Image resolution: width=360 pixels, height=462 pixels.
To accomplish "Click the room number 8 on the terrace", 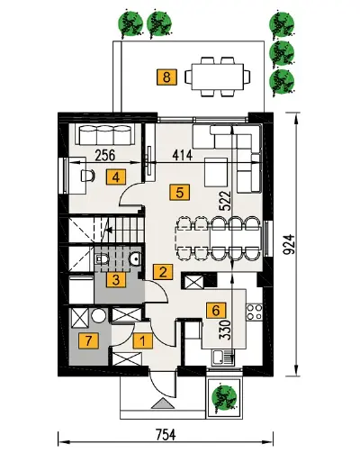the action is (166, 77).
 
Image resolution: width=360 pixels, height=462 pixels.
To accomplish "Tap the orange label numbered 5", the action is (179, 192).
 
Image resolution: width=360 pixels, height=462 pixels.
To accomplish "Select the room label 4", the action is (116, 177).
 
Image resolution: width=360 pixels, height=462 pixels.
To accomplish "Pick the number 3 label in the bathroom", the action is (116, 280).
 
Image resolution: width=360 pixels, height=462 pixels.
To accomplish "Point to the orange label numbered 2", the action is (163, 272).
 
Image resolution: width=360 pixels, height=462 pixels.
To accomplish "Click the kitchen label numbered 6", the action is (216, 311).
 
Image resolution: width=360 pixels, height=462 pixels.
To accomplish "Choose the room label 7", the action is (88, 340).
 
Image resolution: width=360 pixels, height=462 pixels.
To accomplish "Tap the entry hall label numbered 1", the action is (143, 340).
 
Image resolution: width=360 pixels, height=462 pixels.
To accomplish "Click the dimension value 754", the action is (166, 434).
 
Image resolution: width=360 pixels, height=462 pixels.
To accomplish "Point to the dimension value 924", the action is (290, 245).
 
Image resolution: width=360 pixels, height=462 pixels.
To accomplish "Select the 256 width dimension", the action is (105, 155).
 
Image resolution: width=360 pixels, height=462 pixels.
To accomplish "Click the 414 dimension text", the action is (183, 155).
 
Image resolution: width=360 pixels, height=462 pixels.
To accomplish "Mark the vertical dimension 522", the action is (226, 202).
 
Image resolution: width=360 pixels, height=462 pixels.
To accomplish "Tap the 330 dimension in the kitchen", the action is (225, 331).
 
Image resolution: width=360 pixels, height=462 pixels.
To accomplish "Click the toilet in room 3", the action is (101, 258).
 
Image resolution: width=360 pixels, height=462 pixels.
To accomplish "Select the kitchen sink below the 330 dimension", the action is (223, 357).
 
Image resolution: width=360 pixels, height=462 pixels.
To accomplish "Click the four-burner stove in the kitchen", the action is (255, 312).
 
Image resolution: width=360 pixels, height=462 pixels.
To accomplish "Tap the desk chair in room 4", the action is (87, 176).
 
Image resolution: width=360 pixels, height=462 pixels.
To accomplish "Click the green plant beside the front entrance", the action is (223, 396).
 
